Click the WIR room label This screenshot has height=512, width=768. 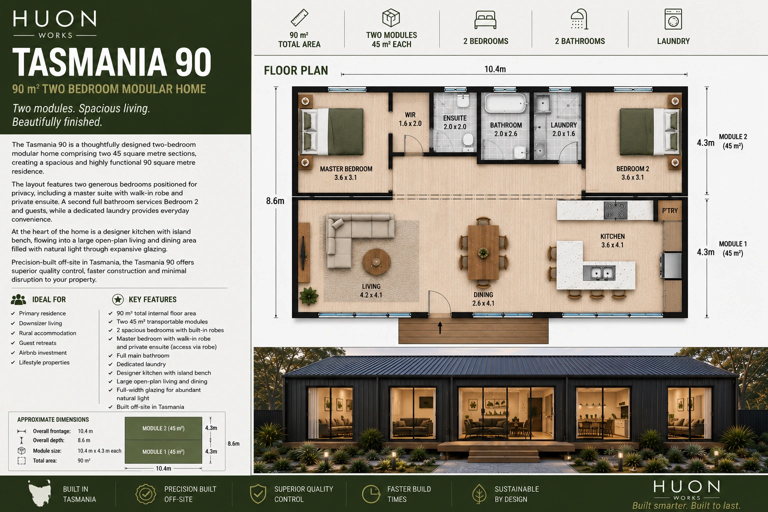click(410, 115)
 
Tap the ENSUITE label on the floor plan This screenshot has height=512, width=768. click(454, 118)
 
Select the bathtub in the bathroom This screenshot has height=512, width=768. click(505, 102)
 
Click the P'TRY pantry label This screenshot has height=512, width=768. click(669, 210)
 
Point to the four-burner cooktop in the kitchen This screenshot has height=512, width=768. click(616, 210)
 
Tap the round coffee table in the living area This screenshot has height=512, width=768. click(376, 262)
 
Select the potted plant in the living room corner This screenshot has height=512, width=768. click(309, 295)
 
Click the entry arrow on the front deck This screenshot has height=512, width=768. click(440, 328)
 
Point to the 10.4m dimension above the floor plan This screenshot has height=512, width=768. click(494, 69)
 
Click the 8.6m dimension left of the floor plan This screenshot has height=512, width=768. click(275, 201)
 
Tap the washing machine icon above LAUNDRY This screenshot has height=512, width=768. click(673, 19)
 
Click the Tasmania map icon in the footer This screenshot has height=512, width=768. click(40, 493)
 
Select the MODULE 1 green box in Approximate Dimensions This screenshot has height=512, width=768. click(163, 451)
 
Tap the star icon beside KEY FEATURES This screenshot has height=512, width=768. click(118, 299)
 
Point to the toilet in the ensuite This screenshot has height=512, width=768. click(468, 141)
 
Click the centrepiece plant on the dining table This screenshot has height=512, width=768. click(483, 253)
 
